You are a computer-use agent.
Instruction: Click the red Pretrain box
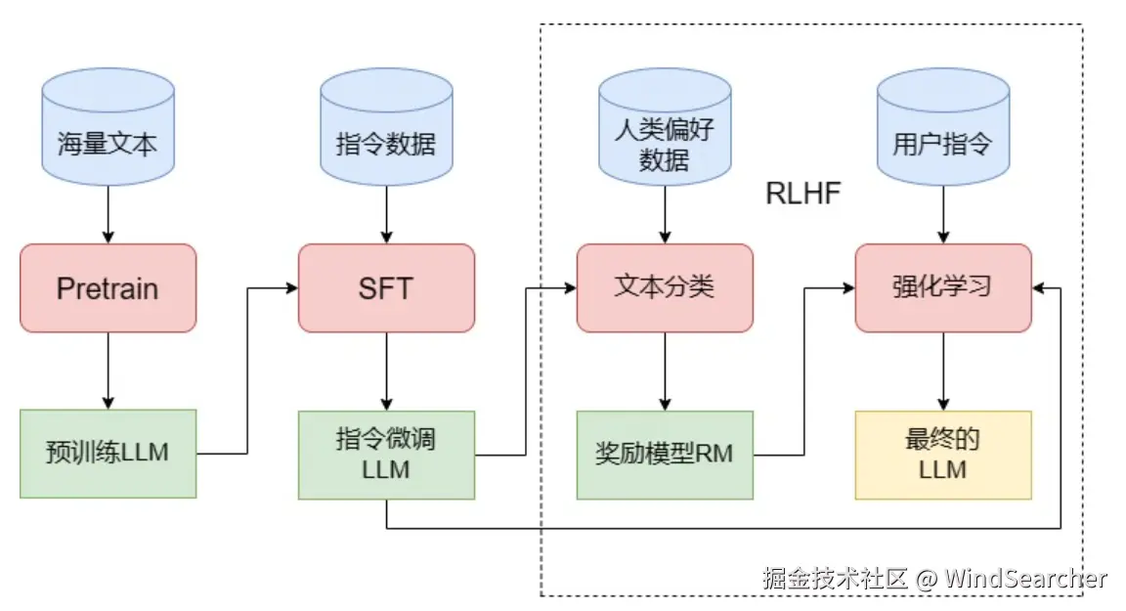[x=108, y=288]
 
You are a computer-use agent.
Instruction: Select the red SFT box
[x=386, y=288]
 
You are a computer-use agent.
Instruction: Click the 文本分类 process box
[x=665, y=286]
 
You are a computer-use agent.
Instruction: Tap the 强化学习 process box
[x=942, y=286]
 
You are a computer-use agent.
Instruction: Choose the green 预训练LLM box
[x=108, y=454]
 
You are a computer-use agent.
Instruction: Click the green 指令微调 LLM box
[x=386, y=454]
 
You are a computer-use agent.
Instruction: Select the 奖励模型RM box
[x=665, y=454]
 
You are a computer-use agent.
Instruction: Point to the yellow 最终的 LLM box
[x=942, y=454]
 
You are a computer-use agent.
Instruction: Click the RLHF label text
[x=802, y=194]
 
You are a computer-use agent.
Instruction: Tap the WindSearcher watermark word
[x=1026, y=579]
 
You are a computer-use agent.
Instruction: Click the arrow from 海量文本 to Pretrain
[x=108, y=215]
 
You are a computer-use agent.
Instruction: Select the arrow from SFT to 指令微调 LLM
[x=386, y=371]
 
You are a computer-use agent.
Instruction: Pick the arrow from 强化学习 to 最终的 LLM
[x=942, y=371]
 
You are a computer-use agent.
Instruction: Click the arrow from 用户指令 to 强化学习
[x=942, y=215]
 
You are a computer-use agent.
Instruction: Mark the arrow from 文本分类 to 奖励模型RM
[x=665, y=371]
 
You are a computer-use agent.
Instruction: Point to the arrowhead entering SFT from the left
[x=290, y=288]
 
